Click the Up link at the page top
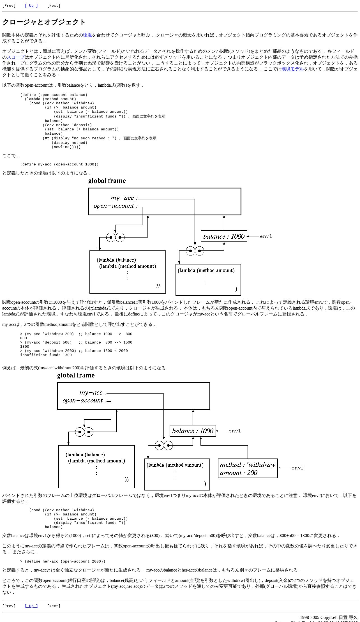[x=31, y=6]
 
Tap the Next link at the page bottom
[x=54, y=606]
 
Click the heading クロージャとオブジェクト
[x=44, y=22]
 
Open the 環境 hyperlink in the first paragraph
[x=87, y=35]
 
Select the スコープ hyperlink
[x=16, y=57]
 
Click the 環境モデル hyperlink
[x=293, y=69]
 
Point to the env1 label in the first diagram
[x=266, y=236]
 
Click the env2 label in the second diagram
[x=297, y=468]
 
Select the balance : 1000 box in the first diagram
[x=224, y=236]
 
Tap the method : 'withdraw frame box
[x=248, y=468]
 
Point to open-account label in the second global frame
[x=84, y=400]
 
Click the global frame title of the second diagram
[x=76, y=375]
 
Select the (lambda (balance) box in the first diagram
[x=128, y=272]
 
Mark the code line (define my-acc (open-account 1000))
[x=59, y=164]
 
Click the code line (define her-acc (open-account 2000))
[x=63, y=561]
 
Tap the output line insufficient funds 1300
[x=46, y=355]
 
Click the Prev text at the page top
[x=9, y=6]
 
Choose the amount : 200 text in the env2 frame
[x=239, y=473]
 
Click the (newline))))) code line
[x=66, y=147]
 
